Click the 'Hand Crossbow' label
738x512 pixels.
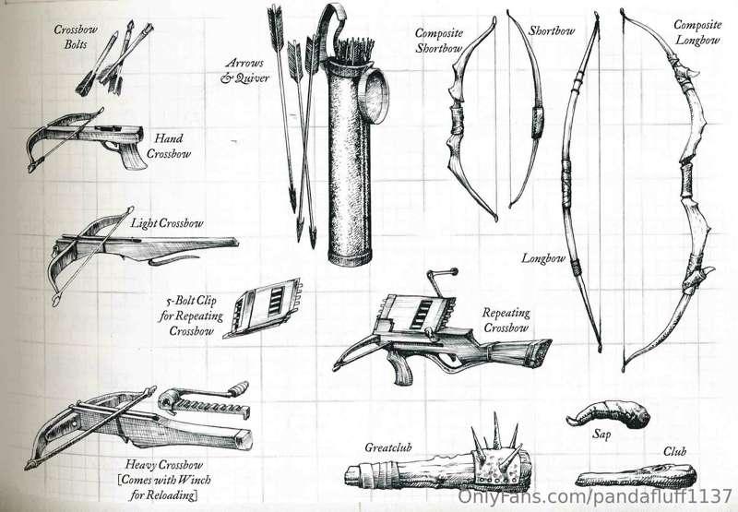169,146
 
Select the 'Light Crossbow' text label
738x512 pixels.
167,222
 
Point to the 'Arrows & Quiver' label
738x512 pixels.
244,71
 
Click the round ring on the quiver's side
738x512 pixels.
374,96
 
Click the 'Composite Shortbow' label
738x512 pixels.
439,41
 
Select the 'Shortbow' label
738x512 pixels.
552,31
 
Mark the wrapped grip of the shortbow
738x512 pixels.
538,123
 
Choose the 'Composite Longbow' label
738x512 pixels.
697,32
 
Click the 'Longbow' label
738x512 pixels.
543,258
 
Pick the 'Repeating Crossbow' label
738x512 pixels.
506,320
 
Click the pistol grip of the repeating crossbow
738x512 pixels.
400,368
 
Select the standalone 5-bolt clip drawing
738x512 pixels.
263,308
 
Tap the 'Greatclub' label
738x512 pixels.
388,447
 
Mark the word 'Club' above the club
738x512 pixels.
675,452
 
